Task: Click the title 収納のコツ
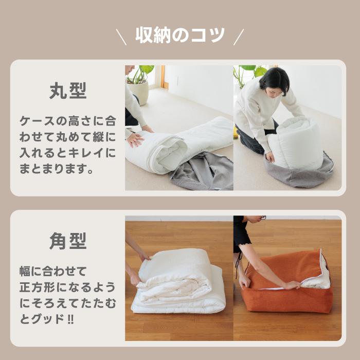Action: (180, 35)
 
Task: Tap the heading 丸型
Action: (68, 91)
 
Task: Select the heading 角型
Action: (68, 241)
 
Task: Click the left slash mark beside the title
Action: (121, 37)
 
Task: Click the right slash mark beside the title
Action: (238, 37)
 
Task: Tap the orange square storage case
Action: (288, 288)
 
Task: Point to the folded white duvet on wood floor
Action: (177, 283)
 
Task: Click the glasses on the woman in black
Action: (262, 218)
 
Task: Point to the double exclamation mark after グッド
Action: (70, 319)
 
